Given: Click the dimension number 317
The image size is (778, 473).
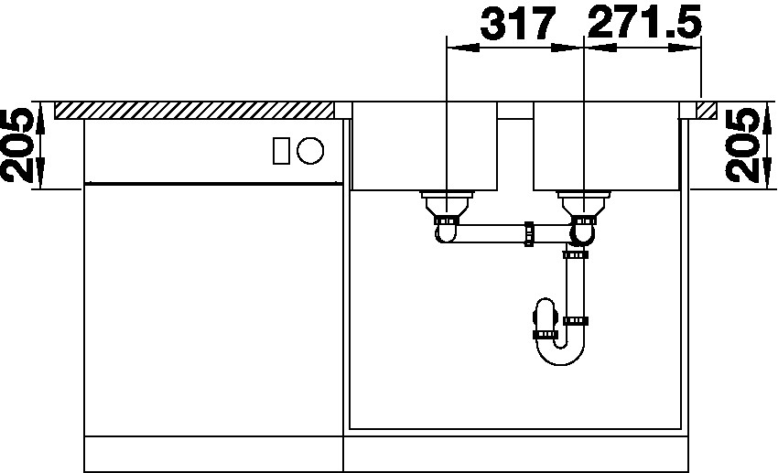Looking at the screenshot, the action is click(x=516, y=23).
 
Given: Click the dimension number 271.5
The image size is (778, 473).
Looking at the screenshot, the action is click(x=644, y=22).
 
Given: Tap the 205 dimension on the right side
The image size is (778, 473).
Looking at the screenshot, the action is click(x=743, y=145).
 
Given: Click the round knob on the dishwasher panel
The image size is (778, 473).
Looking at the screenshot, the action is click(x=310, y=150).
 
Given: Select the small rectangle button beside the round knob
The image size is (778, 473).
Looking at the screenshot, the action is click(x=281, y=150).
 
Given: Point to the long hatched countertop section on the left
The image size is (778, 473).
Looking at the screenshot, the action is click(x=194, y=110).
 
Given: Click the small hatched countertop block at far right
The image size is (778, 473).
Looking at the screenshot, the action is click(x=706, y=110).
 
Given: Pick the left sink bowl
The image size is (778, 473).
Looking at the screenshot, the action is click(x=424, y=146).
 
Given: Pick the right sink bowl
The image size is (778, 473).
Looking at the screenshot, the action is click(x=606, y=146).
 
